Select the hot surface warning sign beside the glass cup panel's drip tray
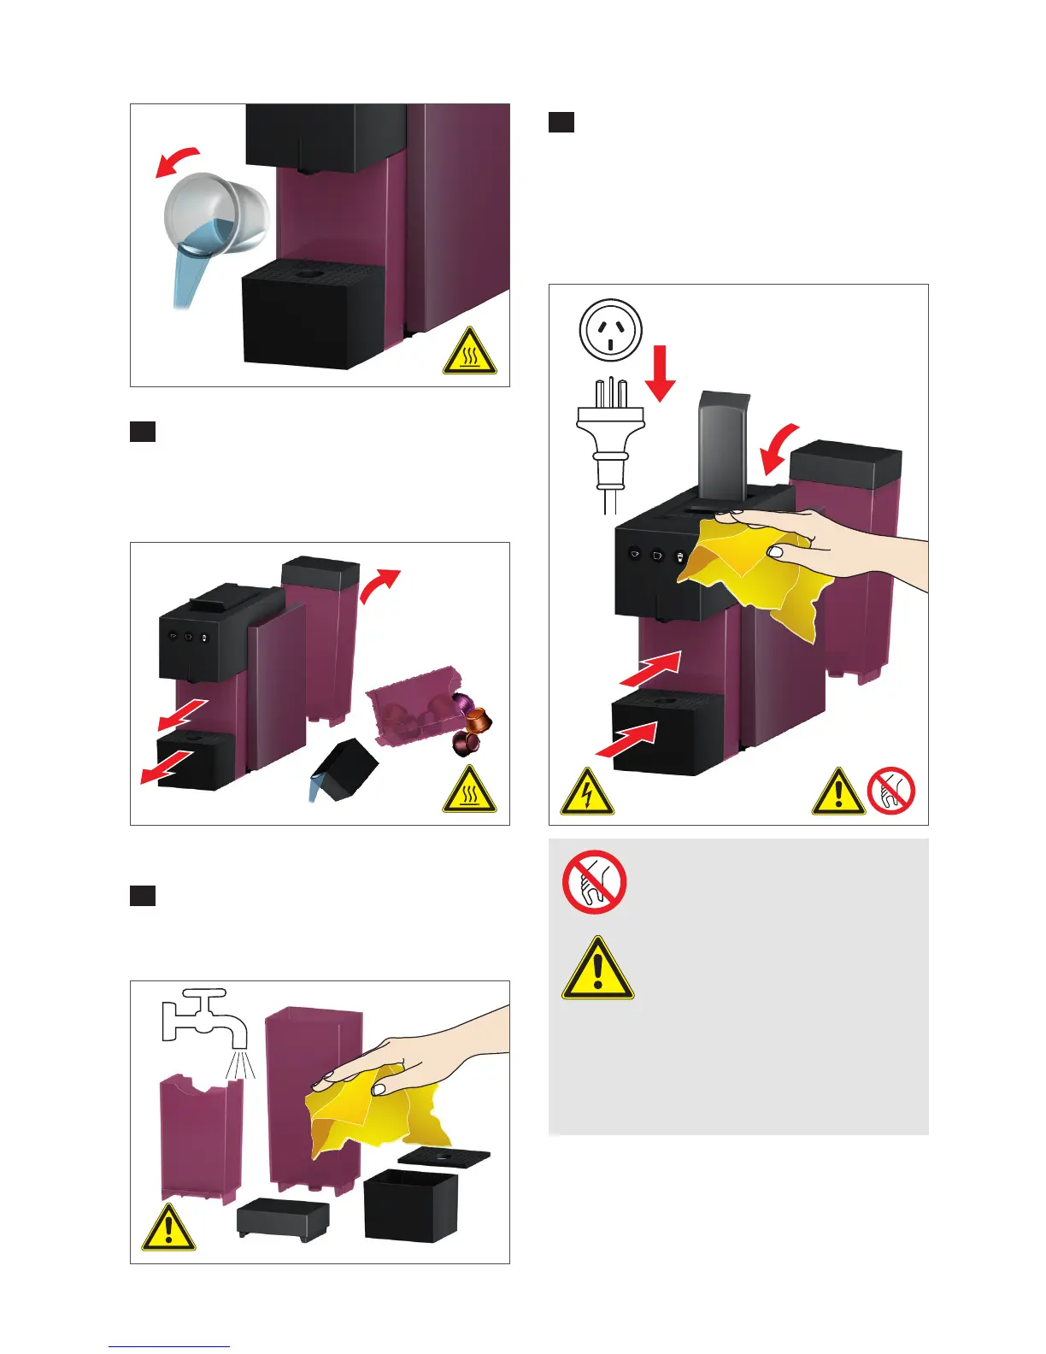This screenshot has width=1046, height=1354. coord(469,351)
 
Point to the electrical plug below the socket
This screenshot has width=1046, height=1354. coord(610,436)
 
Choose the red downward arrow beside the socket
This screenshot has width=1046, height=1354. coord(661,372)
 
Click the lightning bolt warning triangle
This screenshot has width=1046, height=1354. coord(586,792)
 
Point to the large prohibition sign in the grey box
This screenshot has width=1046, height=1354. coord(595,882)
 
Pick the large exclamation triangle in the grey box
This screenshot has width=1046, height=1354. coord(597,971)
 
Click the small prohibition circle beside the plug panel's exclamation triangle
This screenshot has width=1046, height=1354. coord(890,790)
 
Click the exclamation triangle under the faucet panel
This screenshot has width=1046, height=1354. coord(168,1229)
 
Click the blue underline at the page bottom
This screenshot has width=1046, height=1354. coord(169,1347)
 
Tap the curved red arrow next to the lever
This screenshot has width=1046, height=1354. coord(782,449)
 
